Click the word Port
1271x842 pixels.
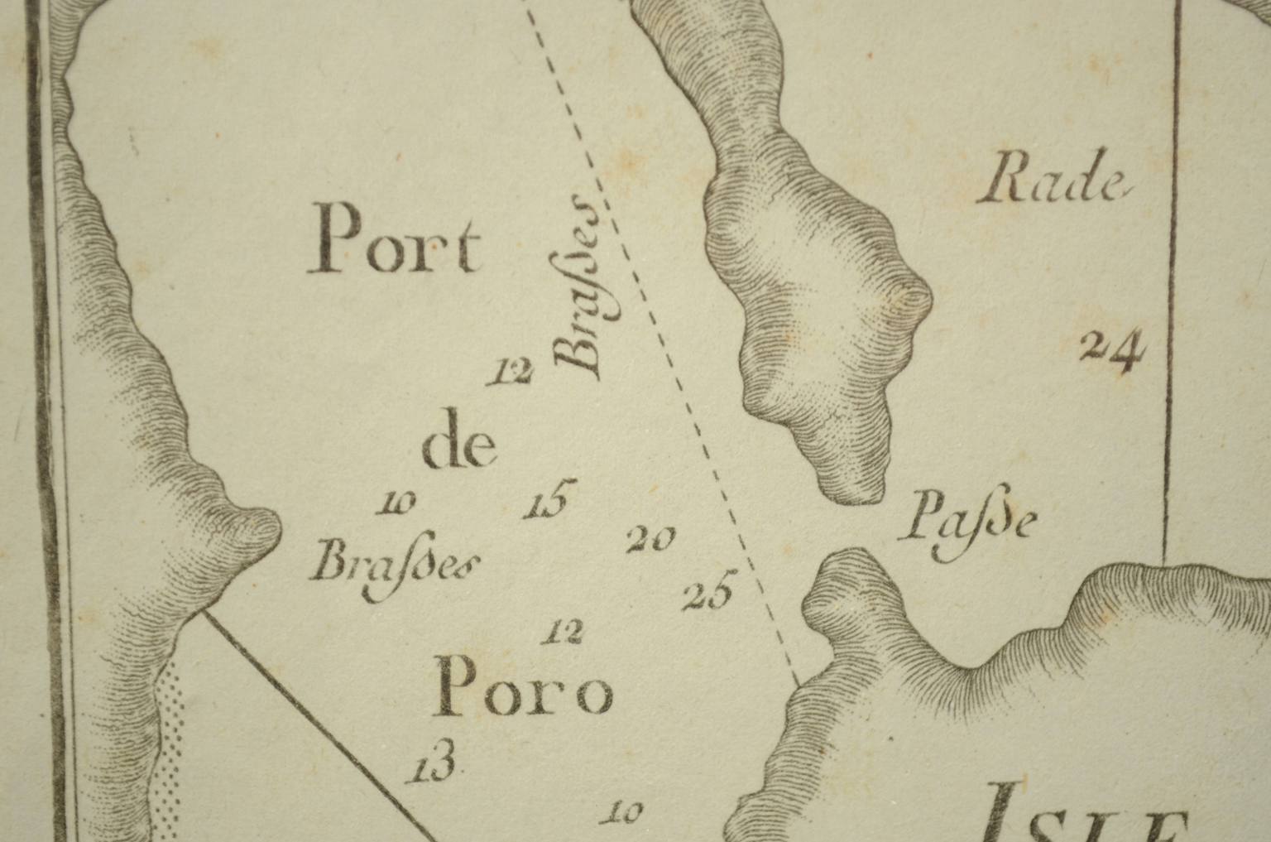[x=394, y=241]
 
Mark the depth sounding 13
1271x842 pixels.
[x=430, y=763]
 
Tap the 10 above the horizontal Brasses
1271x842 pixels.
[x=395, y=503]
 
